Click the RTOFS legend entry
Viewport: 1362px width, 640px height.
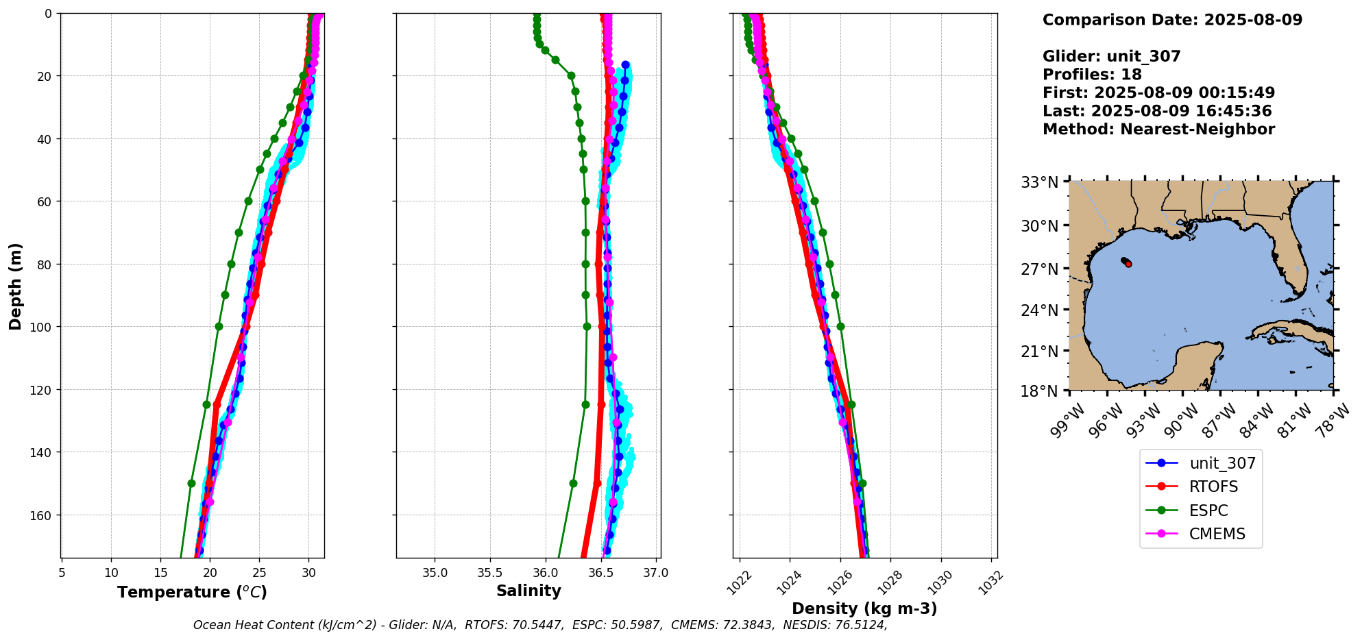[1213, 487]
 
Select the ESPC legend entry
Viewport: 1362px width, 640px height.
[1208, 510]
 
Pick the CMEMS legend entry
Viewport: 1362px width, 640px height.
[1217, 534]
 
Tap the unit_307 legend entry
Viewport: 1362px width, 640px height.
[1222, 463]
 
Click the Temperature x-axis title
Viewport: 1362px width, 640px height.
[192, 592]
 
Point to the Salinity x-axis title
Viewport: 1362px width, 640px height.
[528, 591]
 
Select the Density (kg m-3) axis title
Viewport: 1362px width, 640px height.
[864, 608]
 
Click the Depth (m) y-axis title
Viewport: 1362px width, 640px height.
[16, 286]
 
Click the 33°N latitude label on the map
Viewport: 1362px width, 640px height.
[1040, 182]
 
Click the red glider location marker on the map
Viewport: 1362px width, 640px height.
[1128, 264]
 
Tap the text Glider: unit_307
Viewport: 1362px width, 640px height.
[1111, 56]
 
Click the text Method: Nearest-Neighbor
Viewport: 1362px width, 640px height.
[1158, 130]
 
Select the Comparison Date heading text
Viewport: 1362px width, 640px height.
[1172, 20]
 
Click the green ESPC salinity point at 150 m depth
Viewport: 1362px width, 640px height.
[573, 483]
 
